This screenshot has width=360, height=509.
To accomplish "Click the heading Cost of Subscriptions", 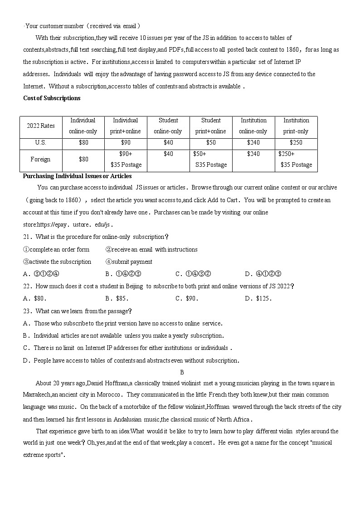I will click(52, 98).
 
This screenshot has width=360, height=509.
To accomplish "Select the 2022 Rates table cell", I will click(41, 126).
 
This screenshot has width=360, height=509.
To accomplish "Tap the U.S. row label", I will click(41, 142).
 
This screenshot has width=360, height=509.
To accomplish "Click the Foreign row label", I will click(41, 160).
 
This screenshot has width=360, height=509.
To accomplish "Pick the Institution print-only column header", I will click(296, 126).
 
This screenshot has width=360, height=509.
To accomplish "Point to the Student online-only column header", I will click(168, 126).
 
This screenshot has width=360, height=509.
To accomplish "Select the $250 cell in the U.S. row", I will click(296, 142).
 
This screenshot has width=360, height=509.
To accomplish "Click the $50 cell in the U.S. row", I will click(211, 142).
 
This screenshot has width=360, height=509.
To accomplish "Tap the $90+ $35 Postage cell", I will click(126, 160).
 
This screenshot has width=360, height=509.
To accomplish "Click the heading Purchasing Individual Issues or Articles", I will click(78, 176).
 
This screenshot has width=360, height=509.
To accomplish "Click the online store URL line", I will click(68, 224).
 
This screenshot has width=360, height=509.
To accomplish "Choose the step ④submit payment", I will click(129, 262).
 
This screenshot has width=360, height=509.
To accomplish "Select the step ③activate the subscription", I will click(57, 262).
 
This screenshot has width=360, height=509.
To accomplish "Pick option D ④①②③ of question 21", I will click(263, 274).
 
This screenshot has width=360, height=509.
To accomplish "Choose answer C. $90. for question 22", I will click(187, 298).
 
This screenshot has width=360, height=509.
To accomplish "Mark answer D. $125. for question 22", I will click(258, 298).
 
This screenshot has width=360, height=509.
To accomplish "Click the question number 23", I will click(27, 311).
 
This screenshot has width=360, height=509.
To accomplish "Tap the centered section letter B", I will click(182, 372).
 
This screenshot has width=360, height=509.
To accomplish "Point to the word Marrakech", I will click(37, 395).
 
